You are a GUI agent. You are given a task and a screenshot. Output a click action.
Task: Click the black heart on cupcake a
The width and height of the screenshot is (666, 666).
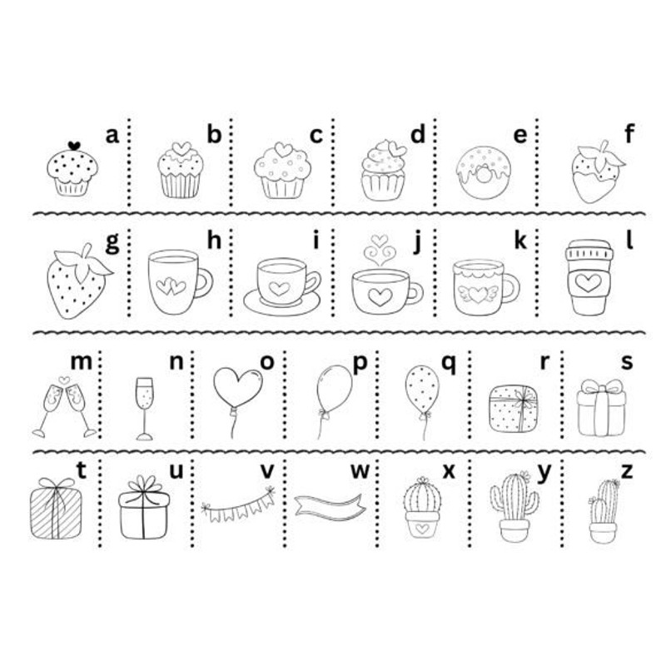(x=74, y=146)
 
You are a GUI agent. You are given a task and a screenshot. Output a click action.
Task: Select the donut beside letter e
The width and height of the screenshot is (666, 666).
(x=484, y=172)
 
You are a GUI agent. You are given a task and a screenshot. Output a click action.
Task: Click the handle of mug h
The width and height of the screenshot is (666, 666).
(x=204, y=283)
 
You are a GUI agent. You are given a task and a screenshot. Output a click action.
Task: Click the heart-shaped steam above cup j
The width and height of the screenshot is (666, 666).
(x=380, y=250)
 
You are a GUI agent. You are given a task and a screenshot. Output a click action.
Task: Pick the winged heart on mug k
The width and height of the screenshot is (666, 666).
(x=478, y=294)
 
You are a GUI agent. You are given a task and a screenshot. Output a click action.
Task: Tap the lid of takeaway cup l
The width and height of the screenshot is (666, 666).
(x=589, y=250)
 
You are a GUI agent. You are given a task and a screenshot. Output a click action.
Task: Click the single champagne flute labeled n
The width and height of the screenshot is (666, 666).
(x=144, y=408)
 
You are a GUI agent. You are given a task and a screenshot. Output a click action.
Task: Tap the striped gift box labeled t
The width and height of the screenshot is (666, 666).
(x=56, y=509)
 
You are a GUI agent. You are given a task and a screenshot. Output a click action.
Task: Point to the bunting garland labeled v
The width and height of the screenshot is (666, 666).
(x=238, y=505)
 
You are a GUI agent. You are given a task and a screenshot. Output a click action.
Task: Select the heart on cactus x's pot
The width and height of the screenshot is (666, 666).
(x=422, y=529)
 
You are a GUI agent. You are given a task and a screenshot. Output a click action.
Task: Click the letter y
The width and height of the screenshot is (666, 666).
(x=544, y=473)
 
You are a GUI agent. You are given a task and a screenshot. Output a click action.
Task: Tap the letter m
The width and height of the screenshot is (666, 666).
(x=81, y=362)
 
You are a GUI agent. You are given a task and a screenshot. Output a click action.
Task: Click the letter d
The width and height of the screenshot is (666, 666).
(x=418, y=134)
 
